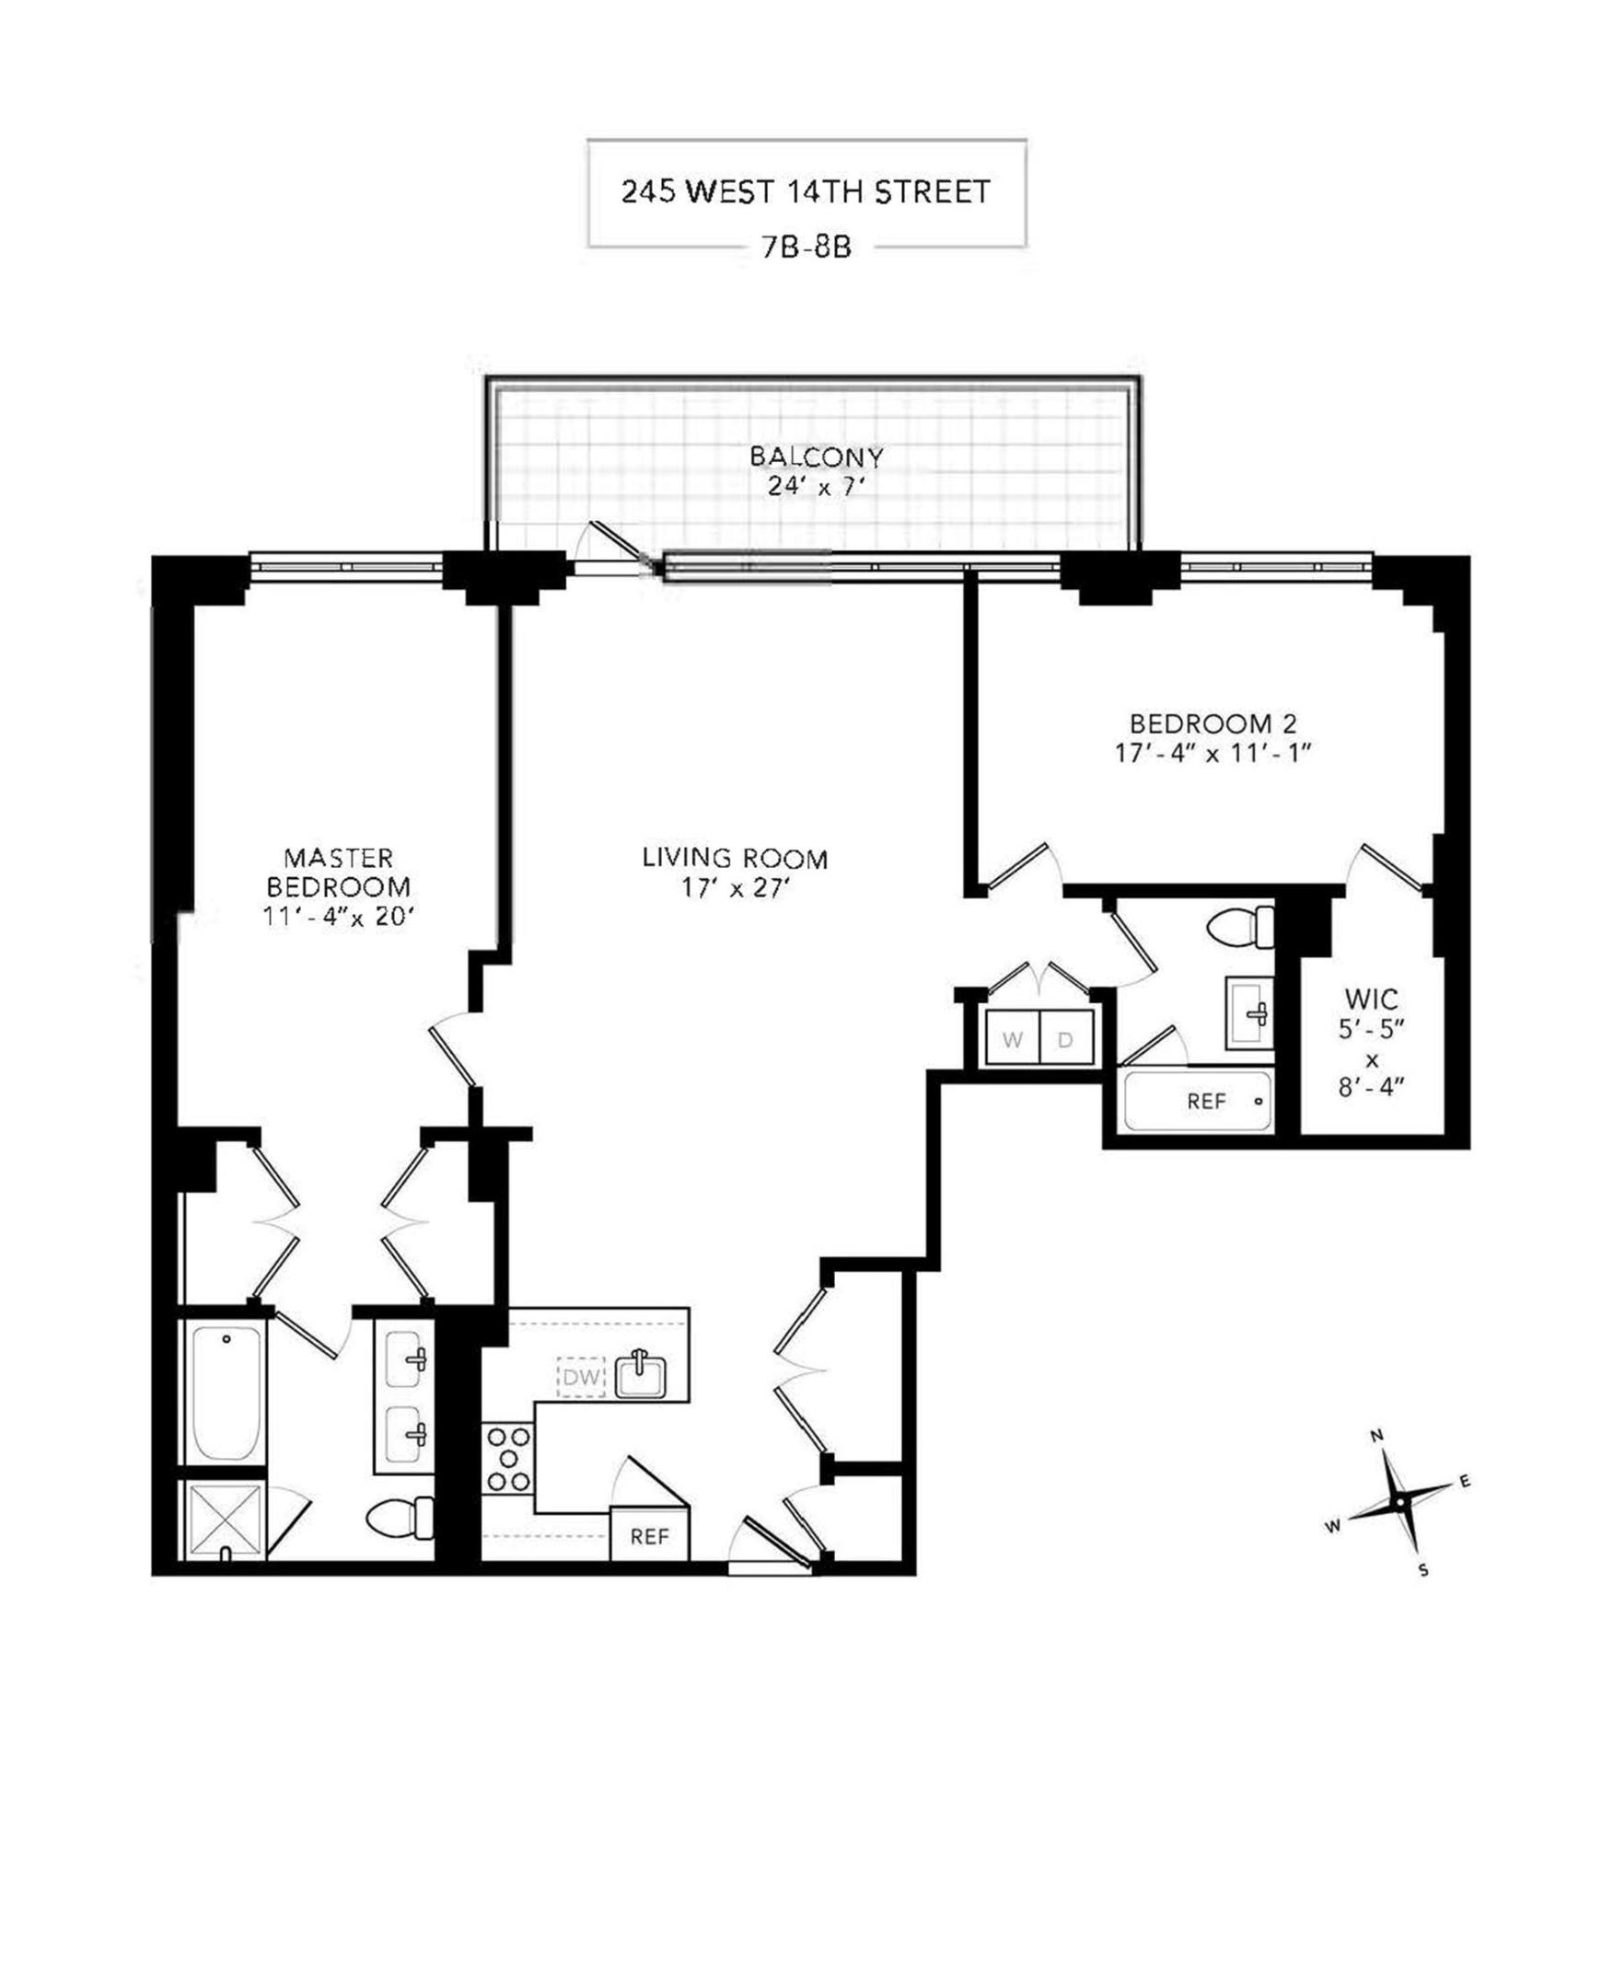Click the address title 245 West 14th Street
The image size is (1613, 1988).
tap(806, 192)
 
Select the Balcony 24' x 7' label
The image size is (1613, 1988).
tap(816, 471)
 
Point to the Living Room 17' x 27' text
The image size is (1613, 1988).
tap(735, 873)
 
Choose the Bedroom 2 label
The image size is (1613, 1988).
tap(1213, 736)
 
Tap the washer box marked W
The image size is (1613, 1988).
tap(1012, 1040)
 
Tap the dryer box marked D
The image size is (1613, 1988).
tap(1066, 1040)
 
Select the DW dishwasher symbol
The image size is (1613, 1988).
tap(581, 1378)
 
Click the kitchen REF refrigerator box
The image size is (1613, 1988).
tap(649, 1536)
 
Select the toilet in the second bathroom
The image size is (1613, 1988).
tap(1241, 927)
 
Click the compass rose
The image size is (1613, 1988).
tap(1399, 1501)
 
